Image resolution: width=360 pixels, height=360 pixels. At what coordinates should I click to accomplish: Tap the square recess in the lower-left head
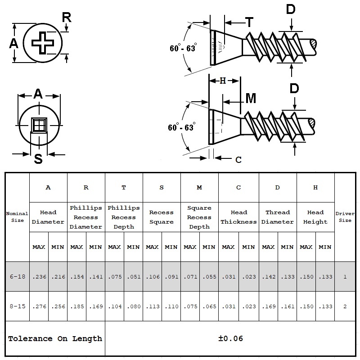[40, 125]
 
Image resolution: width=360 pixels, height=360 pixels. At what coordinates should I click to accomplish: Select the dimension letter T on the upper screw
[249, 22]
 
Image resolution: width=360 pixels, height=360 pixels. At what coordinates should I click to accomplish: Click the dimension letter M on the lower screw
[251, 98]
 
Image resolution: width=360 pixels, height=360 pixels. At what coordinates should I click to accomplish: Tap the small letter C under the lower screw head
[238, 159]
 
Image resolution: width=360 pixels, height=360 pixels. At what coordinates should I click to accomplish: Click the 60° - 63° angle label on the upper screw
[183, 49]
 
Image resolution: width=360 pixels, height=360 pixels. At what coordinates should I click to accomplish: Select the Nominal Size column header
[17, 217]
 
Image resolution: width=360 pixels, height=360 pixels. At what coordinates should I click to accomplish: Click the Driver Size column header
[345, 217]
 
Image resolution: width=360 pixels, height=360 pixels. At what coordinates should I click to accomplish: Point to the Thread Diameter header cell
[278, 217]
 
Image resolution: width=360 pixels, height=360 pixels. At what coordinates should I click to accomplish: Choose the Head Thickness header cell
[238, 217]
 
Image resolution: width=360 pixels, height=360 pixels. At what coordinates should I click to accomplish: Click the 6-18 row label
[17, 277]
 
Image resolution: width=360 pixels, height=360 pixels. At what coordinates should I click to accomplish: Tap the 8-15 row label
[17, 306]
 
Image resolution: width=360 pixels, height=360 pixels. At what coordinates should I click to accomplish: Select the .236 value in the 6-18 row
[39, 277]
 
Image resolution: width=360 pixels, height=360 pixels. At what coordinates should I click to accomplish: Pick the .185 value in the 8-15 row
[76, 306]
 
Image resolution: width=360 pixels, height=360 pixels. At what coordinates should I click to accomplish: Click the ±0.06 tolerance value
[230, 338]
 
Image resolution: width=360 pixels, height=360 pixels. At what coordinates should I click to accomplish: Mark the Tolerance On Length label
[55, 338]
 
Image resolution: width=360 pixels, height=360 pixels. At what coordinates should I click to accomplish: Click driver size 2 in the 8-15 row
[345, 306]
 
